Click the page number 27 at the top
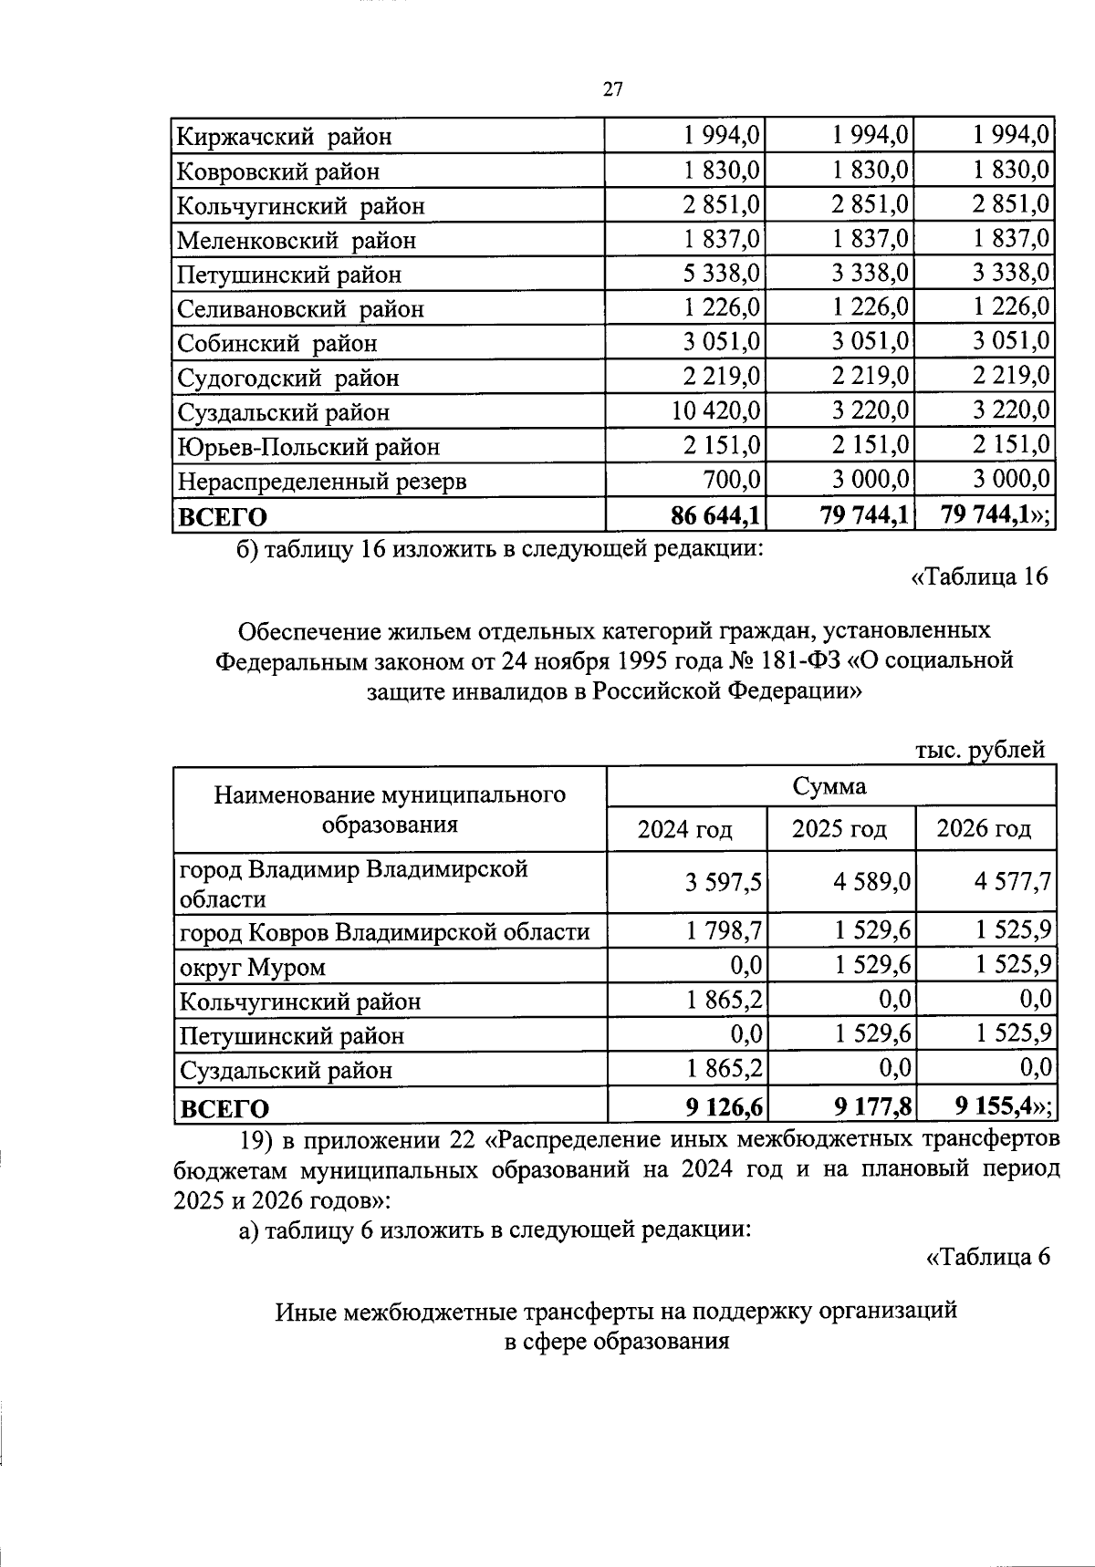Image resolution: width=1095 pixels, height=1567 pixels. (612, 88)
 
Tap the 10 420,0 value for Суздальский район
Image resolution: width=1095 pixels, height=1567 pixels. (716, 411)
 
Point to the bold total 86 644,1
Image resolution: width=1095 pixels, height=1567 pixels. (716, 515)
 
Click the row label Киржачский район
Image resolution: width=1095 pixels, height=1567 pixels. (284, 137)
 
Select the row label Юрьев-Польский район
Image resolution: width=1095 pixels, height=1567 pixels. (308, 447)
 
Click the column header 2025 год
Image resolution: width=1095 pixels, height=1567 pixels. (839, 829)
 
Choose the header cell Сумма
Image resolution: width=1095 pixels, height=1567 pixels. (829, 786)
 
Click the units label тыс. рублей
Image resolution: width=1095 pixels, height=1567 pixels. (980, 750)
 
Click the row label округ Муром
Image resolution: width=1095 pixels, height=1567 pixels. (253, 967)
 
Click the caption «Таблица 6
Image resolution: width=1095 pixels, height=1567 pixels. (987, 1257)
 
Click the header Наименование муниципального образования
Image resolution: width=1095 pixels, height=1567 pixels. (390, 810)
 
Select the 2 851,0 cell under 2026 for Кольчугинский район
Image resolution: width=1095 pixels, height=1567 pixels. (1011, 205)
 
